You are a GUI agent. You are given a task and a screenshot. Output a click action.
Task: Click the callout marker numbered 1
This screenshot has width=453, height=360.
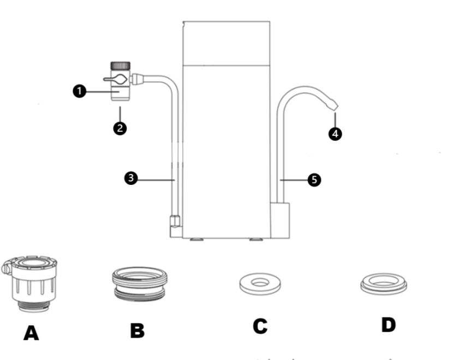[80, 91]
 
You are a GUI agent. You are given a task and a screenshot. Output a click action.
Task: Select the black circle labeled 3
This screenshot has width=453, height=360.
[130, 178]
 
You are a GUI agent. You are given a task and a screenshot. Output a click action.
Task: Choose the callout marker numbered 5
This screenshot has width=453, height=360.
[314, 179]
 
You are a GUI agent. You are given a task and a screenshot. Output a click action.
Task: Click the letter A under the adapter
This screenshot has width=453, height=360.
[31, 332]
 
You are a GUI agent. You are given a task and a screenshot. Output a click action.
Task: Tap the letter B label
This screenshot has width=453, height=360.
[137, 330]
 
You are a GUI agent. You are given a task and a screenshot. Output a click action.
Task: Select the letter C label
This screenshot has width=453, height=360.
[259, 326]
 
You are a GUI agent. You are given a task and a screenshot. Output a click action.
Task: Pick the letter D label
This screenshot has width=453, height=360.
[388, 325]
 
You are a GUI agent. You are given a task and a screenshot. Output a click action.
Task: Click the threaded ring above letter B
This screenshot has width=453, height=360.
[139, 284]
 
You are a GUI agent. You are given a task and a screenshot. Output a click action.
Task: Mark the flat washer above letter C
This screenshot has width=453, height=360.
[259, 285]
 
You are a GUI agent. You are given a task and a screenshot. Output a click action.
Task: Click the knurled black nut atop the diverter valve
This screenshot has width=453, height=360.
[120, 65]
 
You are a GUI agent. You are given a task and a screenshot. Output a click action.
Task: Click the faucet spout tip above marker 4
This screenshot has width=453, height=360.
[332, 103]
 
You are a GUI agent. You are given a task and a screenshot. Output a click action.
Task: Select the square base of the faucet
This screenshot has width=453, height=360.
[280, 220]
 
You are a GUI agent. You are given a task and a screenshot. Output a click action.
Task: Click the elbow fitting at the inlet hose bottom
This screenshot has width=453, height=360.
[175, 226]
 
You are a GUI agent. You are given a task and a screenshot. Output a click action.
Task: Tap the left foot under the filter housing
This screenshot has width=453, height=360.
[196, 239]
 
